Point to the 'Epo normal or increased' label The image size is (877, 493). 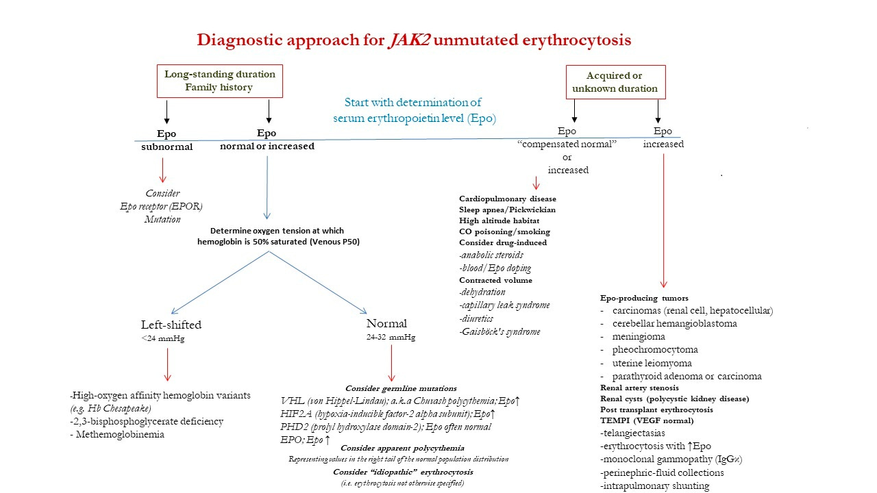pos(267,140)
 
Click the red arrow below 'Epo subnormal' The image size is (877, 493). pos(162,170)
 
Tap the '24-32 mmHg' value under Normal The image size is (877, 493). pos(391,337)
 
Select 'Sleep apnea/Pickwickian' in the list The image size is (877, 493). pos(507,210)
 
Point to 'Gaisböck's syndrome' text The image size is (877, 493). pos(499,331)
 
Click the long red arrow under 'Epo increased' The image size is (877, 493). pos(663,219)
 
